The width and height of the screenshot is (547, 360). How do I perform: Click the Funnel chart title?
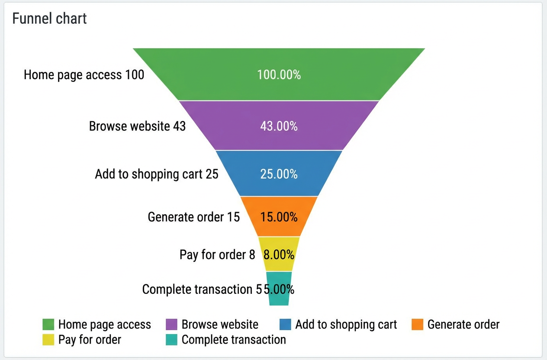point(50,19)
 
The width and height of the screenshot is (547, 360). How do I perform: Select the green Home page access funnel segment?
point(279,74)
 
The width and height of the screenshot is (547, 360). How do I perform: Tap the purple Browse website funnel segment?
point(279,125)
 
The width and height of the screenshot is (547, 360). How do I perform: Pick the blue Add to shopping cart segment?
point(279,174)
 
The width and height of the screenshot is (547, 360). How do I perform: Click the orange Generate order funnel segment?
point(279,216)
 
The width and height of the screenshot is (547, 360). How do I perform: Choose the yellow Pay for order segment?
point(279,254)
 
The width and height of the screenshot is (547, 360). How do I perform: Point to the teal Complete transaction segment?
point(279,289)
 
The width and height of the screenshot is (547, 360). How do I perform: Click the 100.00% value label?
point(279,74)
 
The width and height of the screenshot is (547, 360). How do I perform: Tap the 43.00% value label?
point(279,126)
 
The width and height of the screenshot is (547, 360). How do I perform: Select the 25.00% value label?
point(279,174)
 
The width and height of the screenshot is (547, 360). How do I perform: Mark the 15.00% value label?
point(279,217)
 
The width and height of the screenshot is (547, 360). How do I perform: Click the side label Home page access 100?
point(84,75)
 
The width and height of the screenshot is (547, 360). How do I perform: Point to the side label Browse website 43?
point(137,126)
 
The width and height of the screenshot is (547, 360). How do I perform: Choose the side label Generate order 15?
point(193,217)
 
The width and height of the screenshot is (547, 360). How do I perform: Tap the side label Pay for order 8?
point(217,255)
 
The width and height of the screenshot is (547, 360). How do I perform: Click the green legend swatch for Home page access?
point(48,325)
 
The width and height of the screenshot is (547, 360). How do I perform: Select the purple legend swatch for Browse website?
point(171,325)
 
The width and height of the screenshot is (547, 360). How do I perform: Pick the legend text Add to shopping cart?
point(346,325)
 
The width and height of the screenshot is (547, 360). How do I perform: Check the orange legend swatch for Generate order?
point(417,325)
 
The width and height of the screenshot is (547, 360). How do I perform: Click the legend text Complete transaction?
point(234,340)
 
